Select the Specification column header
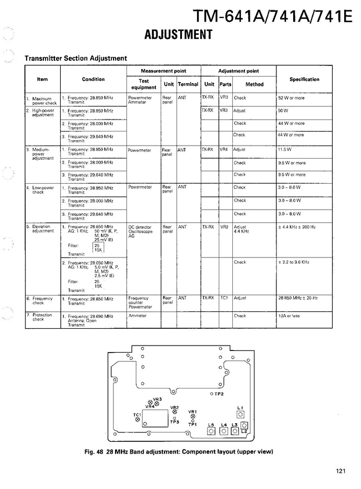click(304, 79)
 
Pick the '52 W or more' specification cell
click(292, 98)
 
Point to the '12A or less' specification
click(291, 316)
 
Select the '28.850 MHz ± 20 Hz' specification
click(298, 298)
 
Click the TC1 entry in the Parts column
click(224, 298)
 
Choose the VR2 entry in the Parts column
click(224, 227)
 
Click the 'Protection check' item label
click(41, 317)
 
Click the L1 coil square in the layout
click(240, 415)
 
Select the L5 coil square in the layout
click(212, 431)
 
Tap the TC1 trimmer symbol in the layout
click(137, 419)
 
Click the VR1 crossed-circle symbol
click(193, 417)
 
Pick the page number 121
click(340, 471)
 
